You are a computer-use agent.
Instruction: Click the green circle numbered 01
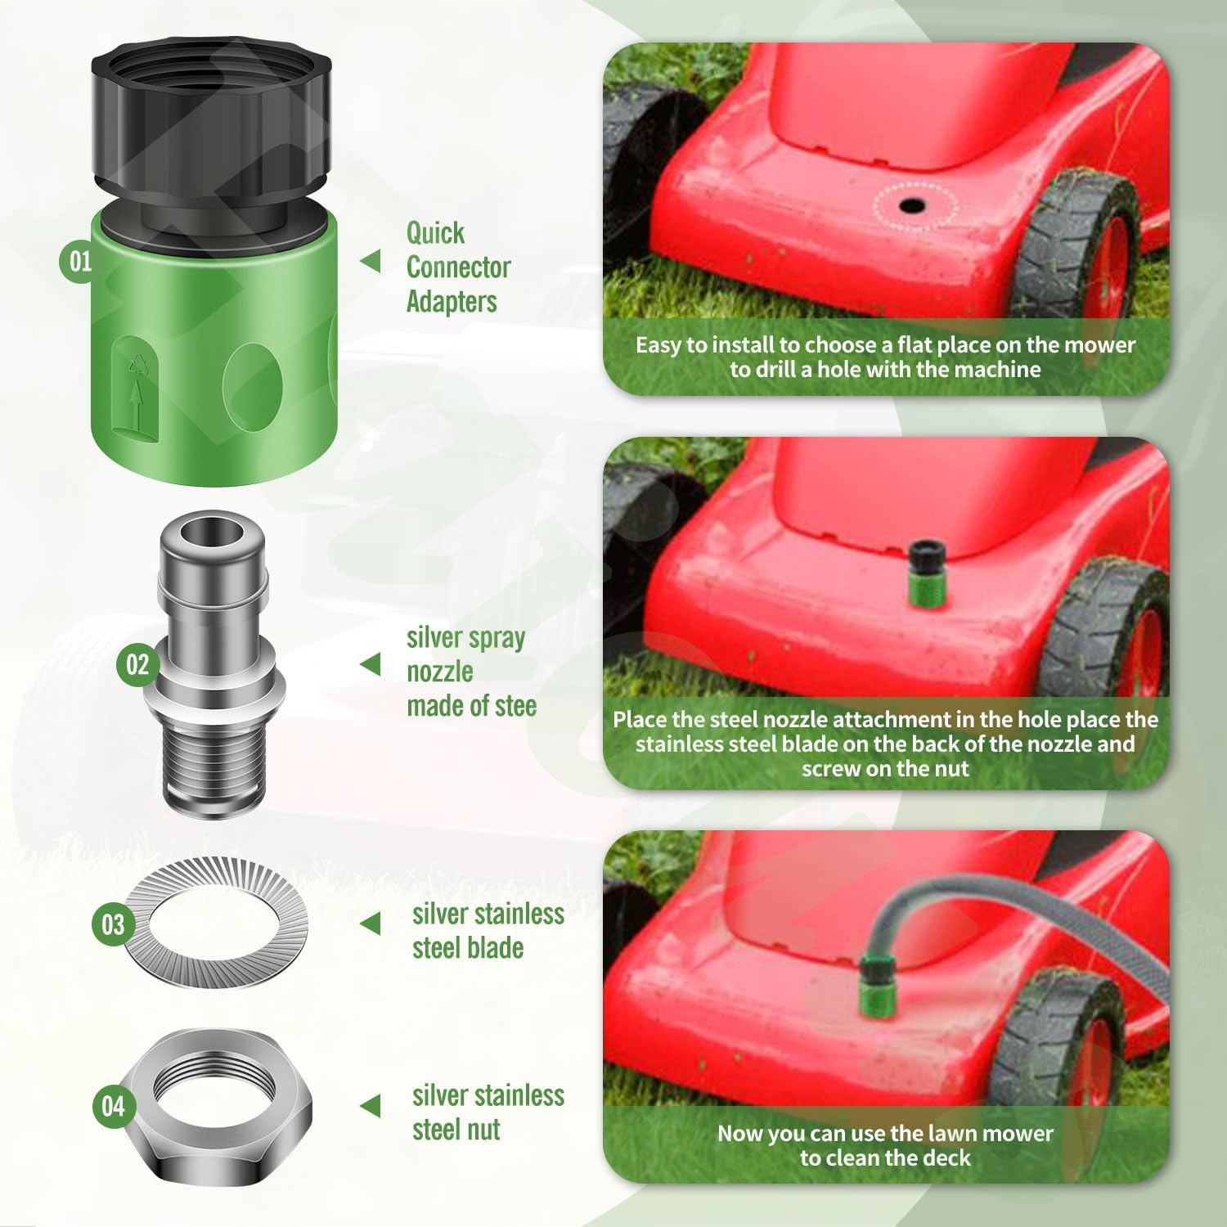pos(80,262)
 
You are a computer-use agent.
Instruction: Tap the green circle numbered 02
pos(137,664)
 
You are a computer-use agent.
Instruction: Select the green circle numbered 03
pos(113,925)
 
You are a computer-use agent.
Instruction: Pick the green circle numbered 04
pos(113,1107)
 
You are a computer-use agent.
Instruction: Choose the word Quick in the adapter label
pos(435,233)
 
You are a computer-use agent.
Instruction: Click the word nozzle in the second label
pos(440,672)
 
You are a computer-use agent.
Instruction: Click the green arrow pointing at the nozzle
pos(371,665)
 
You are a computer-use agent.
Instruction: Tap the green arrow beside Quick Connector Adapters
pos(371,262)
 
